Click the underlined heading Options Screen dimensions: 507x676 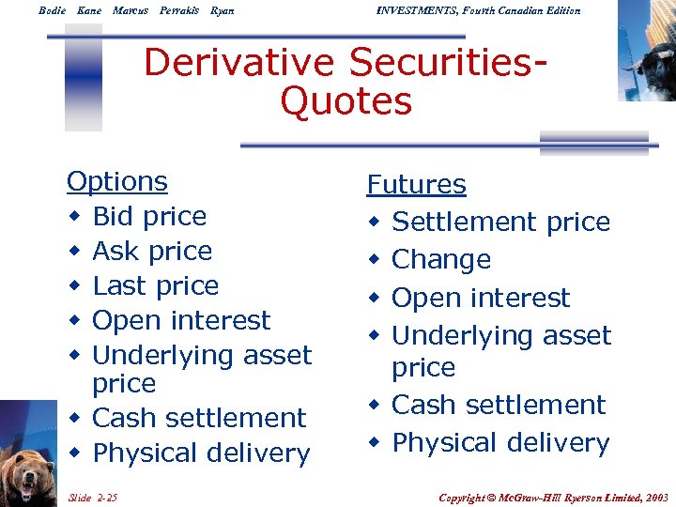pyautogui.click(x=117, y=181)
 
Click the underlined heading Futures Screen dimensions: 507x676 pyautogui.click(x=416, y=184)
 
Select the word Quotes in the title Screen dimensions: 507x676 pyautogui.click(x=346, y=101)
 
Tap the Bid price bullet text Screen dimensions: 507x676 pyautogui.click(x=149, y=217)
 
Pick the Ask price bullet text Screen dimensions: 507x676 pyautogui.click(x=152, y=252)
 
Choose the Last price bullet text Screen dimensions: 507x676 pyautogui.click(x=155, y=285)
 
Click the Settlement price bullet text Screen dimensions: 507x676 pyautogui.click(x=500, y=223)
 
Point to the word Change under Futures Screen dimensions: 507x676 pyautogui.click(x=441, y=260)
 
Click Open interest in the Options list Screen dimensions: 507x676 pyautogui.click(x=181, y=320)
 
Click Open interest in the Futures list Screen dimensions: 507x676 pyautogui.click(x=481, y=299)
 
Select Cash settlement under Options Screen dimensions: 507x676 pyautogui.click(x=199, y=418)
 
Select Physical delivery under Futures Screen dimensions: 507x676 pyautogui.click(x=500, y=442)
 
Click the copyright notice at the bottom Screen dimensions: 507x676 pyautogui.click(x=554, y=496)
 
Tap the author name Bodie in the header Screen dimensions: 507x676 pyautogui.click(x=52, y=10)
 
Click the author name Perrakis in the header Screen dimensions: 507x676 pyautogui.click(x=179, y=10)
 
